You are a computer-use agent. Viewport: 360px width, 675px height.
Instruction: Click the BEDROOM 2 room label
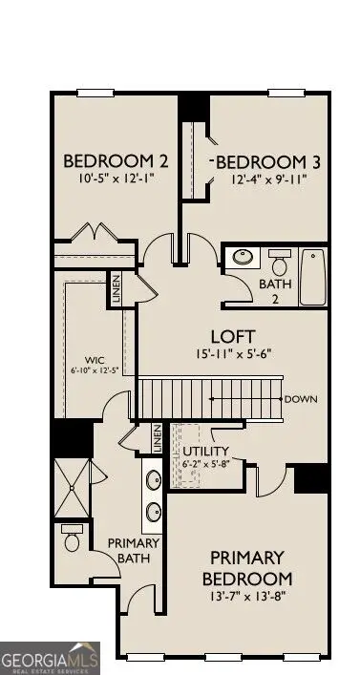click(116, 161)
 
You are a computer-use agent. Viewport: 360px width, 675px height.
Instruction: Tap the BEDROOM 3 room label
click(268, 162)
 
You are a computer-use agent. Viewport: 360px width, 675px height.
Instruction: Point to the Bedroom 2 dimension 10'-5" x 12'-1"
click(116, 179)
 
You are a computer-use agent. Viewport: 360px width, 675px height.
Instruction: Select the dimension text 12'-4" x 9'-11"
click(267, 179)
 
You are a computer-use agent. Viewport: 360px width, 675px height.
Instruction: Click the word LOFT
click(233, 337)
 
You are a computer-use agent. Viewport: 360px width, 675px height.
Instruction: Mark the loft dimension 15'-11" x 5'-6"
click(234, 354)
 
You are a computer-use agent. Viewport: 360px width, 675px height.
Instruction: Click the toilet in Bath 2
click(280, 263)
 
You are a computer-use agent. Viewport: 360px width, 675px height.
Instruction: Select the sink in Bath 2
click(244, 258)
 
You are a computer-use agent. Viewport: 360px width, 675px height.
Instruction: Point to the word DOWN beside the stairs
click(301, 399)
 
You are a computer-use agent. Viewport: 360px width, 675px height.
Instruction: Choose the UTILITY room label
click(206, 452)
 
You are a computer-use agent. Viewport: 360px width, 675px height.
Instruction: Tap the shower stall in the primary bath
click(72, 488)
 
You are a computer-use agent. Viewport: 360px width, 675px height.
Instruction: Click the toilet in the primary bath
click(72, 538)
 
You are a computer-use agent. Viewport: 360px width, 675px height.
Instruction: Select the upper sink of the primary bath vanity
click(154, 479)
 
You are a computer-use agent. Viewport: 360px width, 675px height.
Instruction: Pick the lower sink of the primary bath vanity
click(154, 513)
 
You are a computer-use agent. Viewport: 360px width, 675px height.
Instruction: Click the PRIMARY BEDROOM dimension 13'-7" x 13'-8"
click(247, 596)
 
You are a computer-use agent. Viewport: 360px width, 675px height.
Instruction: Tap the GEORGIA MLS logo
click(50, 658)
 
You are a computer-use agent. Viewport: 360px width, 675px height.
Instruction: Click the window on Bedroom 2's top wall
click(95, 93)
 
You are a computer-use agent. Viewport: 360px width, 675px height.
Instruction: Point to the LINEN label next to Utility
click(158, 438)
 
